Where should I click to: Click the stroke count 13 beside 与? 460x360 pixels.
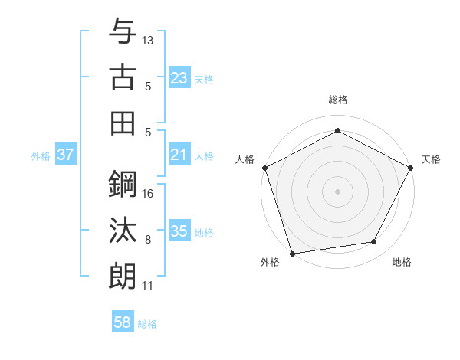149,39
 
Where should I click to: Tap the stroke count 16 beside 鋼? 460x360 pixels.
149,193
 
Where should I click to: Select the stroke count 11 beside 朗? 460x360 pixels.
149,286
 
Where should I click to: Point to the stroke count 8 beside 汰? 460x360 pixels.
148,240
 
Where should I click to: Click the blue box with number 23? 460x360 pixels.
179,77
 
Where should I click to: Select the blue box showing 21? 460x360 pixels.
179,155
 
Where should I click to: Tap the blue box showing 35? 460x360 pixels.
179,231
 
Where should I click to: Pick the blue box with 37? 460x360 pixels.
65,155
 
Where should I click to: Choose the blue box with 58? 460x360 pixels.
122,323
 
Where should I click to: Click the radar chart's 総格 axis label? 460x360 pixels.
337,100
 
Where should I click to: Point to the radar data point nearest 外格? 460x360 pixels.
292,252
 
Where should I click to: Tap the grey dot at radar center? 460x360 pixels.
337,191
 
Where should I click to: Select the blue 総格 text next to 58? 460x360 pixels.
147,324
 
